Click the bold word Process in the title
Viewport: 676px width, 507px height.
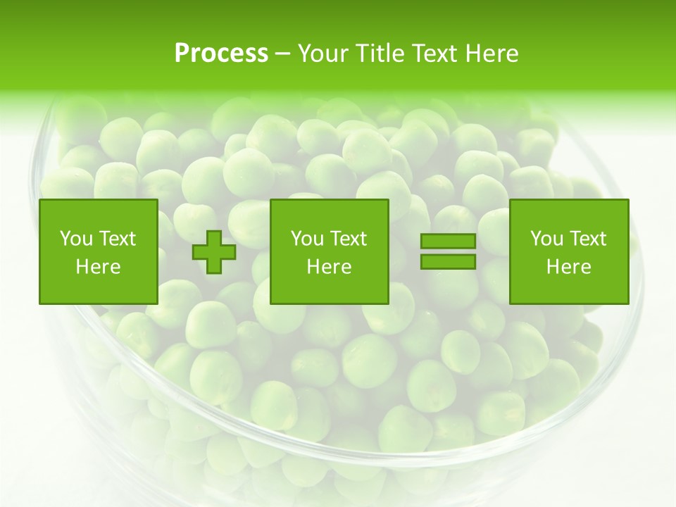(x=221, y=53)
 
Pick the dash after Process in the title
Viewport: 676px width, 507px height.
(x=283, y=54)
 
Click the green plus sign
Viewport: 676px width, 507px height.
(x=215, y=252)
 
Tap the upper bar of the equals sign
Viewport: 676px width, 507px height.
(x=448, y=242)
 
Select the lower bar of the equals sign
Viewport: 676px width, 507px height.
(x=448, y=261)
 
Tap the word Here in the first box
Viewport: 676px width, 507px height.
(x=99, y=267)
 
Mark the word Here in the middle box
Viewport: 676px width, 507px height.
(x=330, y=267)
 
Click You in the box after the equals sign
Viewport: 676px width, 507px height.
(x=547, y=239)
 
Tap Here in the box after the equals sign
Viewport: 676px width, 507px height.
(x=569, y=267)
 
